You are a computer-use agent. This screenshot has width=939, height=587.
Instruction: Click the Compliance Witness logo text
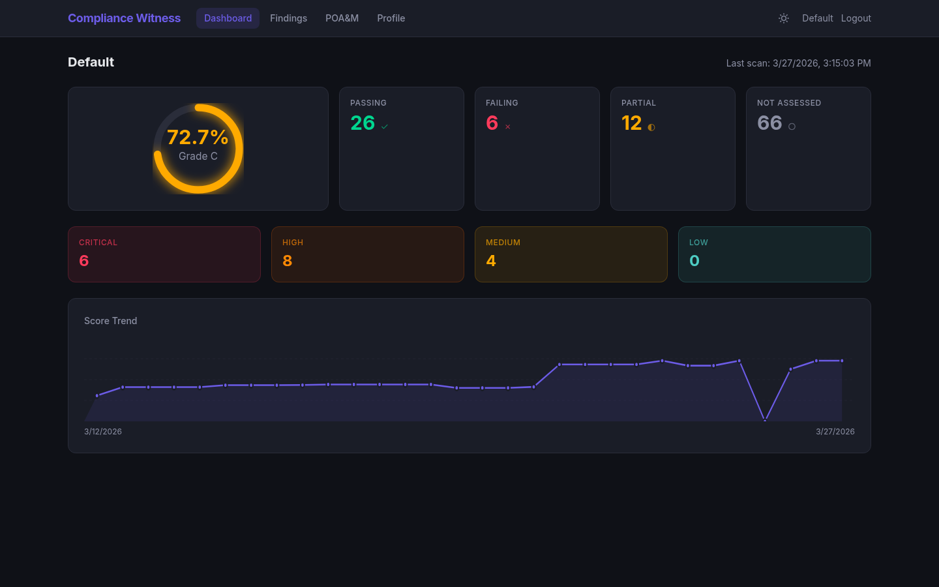click(124, 18)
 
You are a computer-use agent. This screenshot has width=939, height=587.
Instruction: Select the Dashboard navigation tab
click(228, 18)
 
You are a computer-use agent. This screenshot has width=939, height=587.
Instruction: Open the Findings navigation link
click(288, 18)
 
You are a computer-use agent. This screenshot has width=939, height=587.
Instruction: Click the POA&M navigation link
click(342, 18)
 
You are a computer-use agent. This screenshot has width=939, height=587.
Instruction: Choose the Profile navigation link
click(391, 18)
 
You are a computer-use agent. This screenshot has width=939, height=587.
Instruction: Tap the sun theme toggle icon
click(784, 18)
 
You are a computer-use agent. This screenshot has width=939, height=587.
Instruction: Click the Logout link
click(856, 18)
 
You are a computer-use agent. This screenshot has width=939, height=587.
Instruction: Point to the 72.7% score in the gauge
click(198, 137)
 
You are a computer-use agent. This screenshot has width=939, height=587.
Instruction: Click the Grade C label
click(198, 157)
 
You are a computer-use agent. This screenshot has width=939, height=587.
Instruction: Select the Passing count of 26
click(363, 123)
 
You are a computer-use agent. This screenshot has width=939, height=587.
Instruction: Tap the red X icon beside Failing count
click(508, 127)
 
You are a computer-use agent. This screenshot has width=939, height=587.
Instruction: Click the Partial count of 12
click(631, 123)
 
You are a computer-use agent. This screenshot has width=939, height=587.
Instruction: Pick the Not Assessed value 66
click(769, 123)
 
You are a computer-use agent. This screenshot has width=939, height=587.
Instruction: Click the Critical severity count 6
click(84, 261)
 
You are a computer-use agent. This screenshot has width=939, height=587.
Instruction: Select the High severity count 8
click(288, 261)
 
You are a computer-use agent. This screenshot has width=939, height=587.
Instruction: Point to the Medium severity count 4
click(491, 261)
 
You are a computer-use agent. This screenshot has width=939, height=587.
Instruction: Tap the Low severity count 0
click(694, 261)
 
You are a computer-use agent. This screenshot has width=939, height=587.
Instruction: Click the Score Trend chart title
click(111, 321)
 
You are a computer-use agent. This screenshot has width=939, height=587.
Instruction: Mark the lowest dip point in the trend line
click(765, 421)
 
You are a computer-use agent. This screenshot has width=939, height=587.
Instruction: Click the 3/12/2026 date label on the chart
click(103, 432)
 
